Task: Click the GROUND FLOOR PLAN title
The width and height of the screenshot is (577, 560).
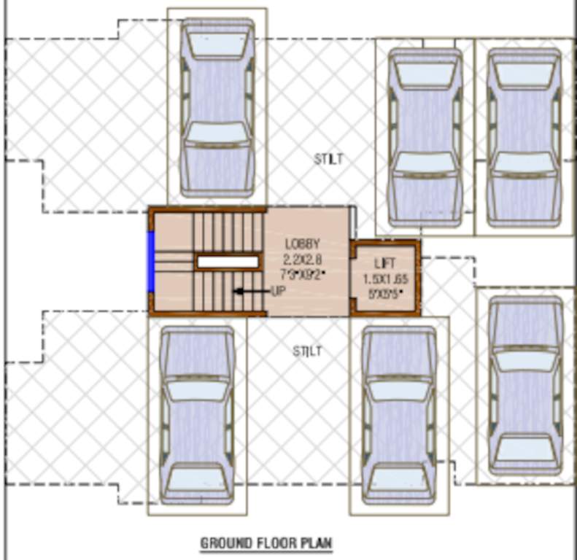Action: (266, 542)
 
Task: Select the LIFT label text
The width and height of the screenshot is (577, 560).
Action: (385, 263)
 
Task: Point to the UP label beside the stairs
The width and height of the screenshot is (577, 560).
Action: (278, 292)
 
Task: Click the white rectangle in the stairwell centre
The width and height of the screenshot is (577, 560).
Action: (228, 262)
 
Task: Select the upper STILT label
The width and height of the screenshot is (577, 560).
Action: (328, 159)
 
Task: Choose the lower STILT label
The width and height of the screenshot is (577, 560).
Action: (307, 351)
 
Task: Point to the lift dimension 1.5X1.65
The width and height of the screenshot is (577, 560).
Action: (386, 279)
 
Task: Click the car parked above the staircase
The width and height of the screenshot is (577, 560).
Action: (217, 108)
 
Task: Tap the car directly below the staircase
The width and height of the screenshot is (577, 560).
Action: (197, 414)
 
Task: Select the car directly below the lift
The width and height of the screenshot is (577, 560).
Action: (399, 414)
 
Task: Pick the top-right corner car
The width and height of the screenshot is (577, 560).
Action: (524, 137)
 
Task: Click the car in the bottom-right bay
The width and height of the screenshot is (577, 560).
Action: (524, 385)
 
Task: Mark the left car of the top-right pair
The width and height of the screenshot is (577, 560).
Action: (425, 137)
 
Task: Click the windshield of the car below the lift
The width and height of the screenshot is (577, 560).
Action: (399, 389)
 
